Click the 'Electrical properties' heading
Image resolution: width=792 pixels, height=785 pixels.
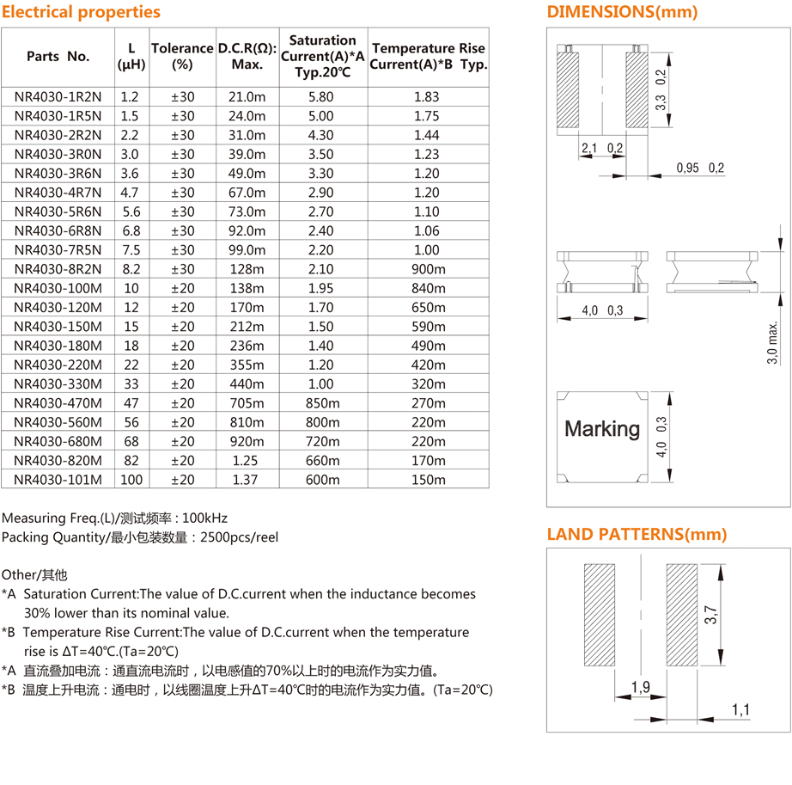81,12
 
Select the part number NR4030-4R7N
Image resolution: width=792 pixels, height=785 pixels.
58,193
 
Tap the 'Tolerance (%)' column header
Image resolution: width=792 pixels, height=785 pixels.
182,56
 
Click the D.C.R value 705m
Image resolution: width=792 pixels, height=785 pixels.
247,403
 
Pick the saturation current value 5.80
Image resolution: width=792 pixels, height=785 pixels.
321,97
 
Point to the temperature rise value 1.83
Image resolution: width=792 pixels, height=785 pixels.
427,97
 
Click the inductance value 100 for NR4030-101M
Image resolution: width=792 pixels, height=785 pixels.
131,480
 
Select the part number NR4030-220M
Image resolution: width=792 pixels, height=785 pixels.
58,365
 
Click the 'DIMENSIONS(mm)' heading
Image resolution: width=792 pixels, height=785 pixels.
622,12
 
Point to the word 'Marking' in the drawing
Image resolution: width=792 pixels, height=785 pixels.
602,428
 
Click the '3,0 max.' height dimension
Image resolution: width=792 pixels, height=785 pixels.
773,343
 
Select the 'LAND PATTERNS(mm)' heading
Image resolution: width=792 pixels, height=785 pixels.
637,534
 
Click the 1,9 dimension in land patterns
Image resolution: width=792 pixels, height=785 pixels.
640,686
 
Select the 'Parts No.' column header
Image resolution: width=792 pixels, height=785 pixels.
58,56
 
